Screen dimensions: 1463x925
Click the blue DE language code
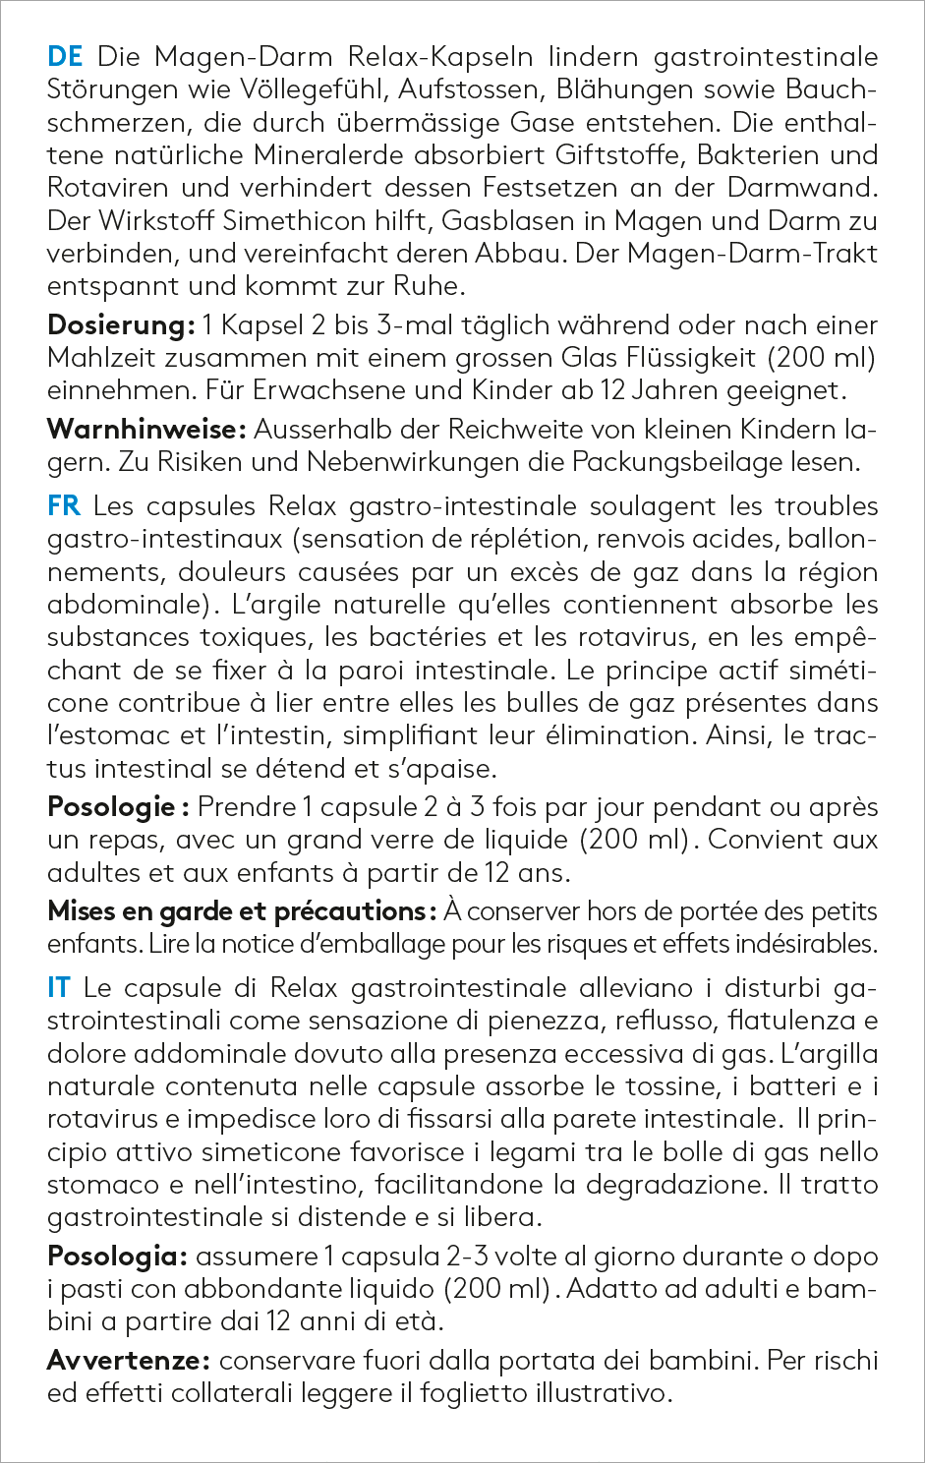click(66, 57)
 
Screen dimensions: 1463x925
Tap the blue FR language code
click(64, 506)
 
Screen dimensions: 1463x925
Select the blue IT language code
click(59, 988)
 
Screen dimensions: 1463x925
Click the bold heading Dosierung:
click(121, 324)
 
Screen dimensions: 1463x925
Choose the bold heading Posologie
click(111, 807)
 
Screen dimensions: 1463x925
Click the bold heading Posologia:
click(117, 1257)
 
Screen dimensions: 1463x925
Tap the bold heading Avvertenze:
click(128, 1361)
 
